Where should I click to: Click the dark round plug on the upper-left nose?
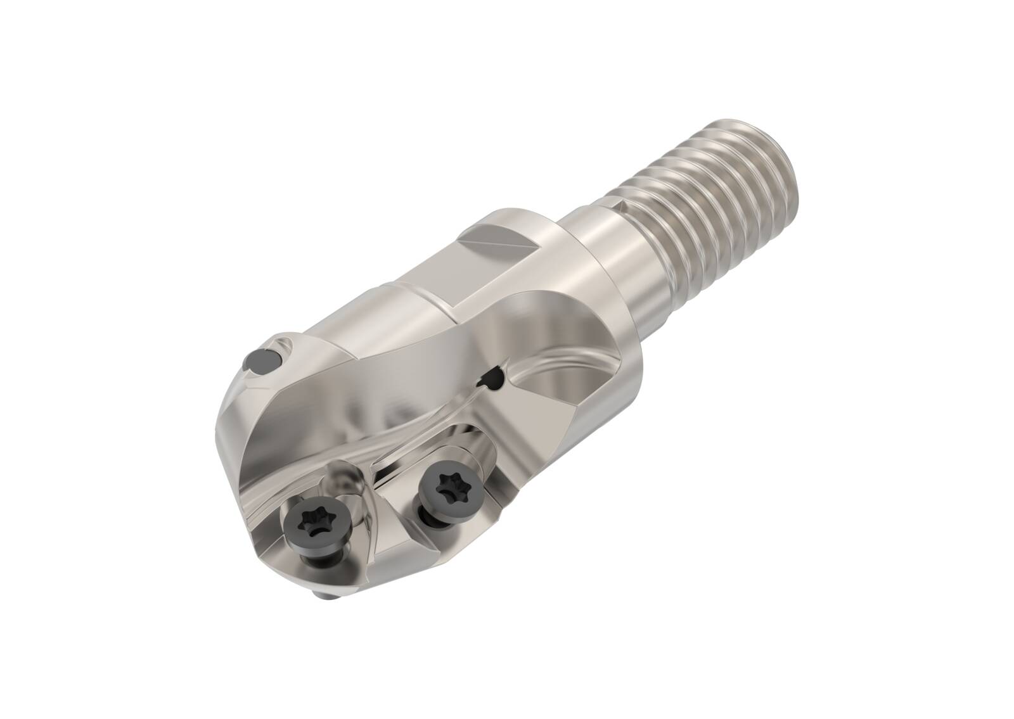pos(259,361)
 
